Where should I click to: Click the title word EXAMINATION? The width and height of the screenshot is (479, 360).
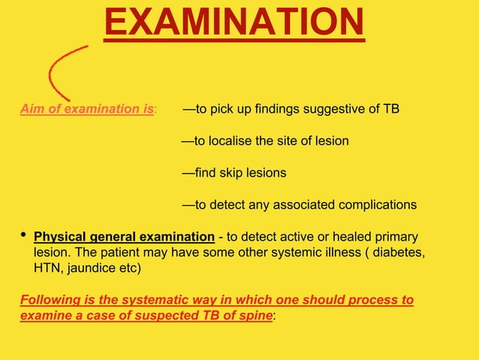coord(234,23)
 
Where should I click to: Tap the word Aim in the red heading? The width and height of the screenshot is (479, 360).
coord(31,110)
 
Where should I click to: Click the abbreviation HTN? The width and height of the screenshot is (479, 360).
coord(47,268)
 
